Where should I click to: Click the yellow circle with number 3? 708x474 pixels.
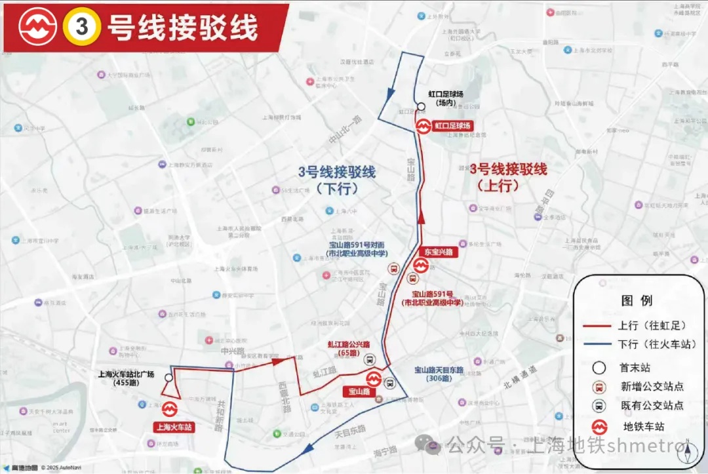tap(82, 28)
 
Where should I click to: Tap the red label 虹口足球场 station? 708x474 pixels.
tap(453, 125)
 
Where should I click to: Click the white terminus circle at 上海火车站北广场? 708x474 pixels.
tap(169, 378)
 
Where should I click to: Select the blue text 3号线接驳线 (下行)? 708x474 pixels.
tap(337, 180)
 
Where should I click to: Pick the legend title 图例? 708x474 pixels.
tap(637, 301)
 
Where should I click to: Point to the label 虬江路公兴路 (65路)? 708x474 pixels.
tap(345, 348)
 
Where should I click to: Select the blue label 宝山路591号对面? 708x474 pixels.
tap(359, 245)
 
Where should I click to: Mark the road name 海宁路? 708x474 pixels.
tap(384, 451)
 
